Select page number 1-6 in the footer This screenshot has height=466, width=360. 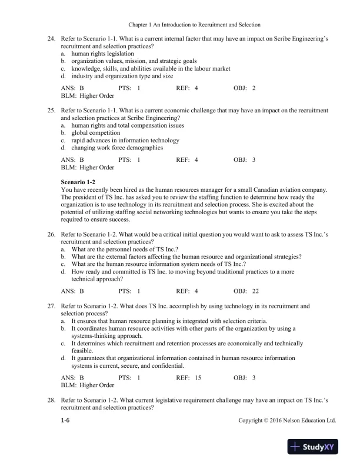click(x=66, y=421)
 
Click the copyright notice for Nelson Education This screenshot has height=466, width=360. click(x=287, y=421)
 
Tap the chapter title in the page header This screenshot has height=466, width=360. click(x=179, y=25)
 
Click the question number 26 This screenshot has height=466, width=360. click(x=51, y=234)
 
